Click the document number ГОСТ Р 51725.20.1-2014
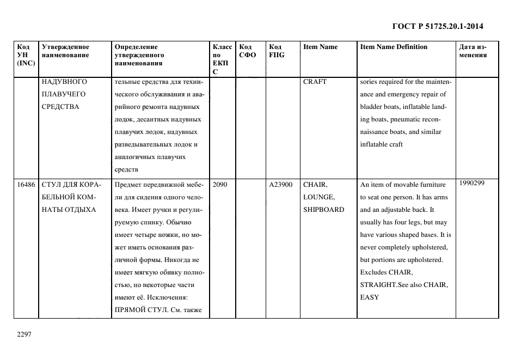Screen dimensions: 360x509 [x=438, y=26]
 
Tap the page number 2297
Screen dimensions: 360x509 [x=25, y=334]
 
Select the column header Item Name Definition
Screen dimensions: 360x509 [x=394, y=47]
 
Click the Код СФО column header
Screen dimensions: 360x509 [x=247, y=51]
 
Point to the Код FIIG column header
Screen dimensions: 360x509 [x=277, y=51]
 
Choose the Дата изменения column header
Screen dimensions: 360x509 [x=473, y=51]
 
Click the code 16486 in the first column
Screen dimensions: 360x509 [x=26, y=185]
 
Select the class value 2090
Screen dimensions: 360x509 [x=220, y=185]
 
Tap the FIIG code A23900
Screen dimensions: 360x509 [x=280, y=185]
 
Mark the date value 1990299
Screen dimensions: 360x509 [x=472, y=184]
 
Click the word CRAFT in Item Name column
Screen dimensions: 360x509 [x=315, y=82]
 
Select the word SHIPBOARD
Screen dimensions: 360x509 [x=323, y=210]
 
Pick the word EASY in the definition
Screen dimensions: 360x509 [x=369, y=297]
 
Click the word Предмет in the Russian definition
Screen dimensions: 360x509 [x=128, y=185]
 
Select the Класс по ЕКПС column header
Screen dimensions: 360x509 [x=222, y=59]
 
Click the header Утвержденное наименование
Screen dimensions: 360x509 [x=65, y=51]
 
